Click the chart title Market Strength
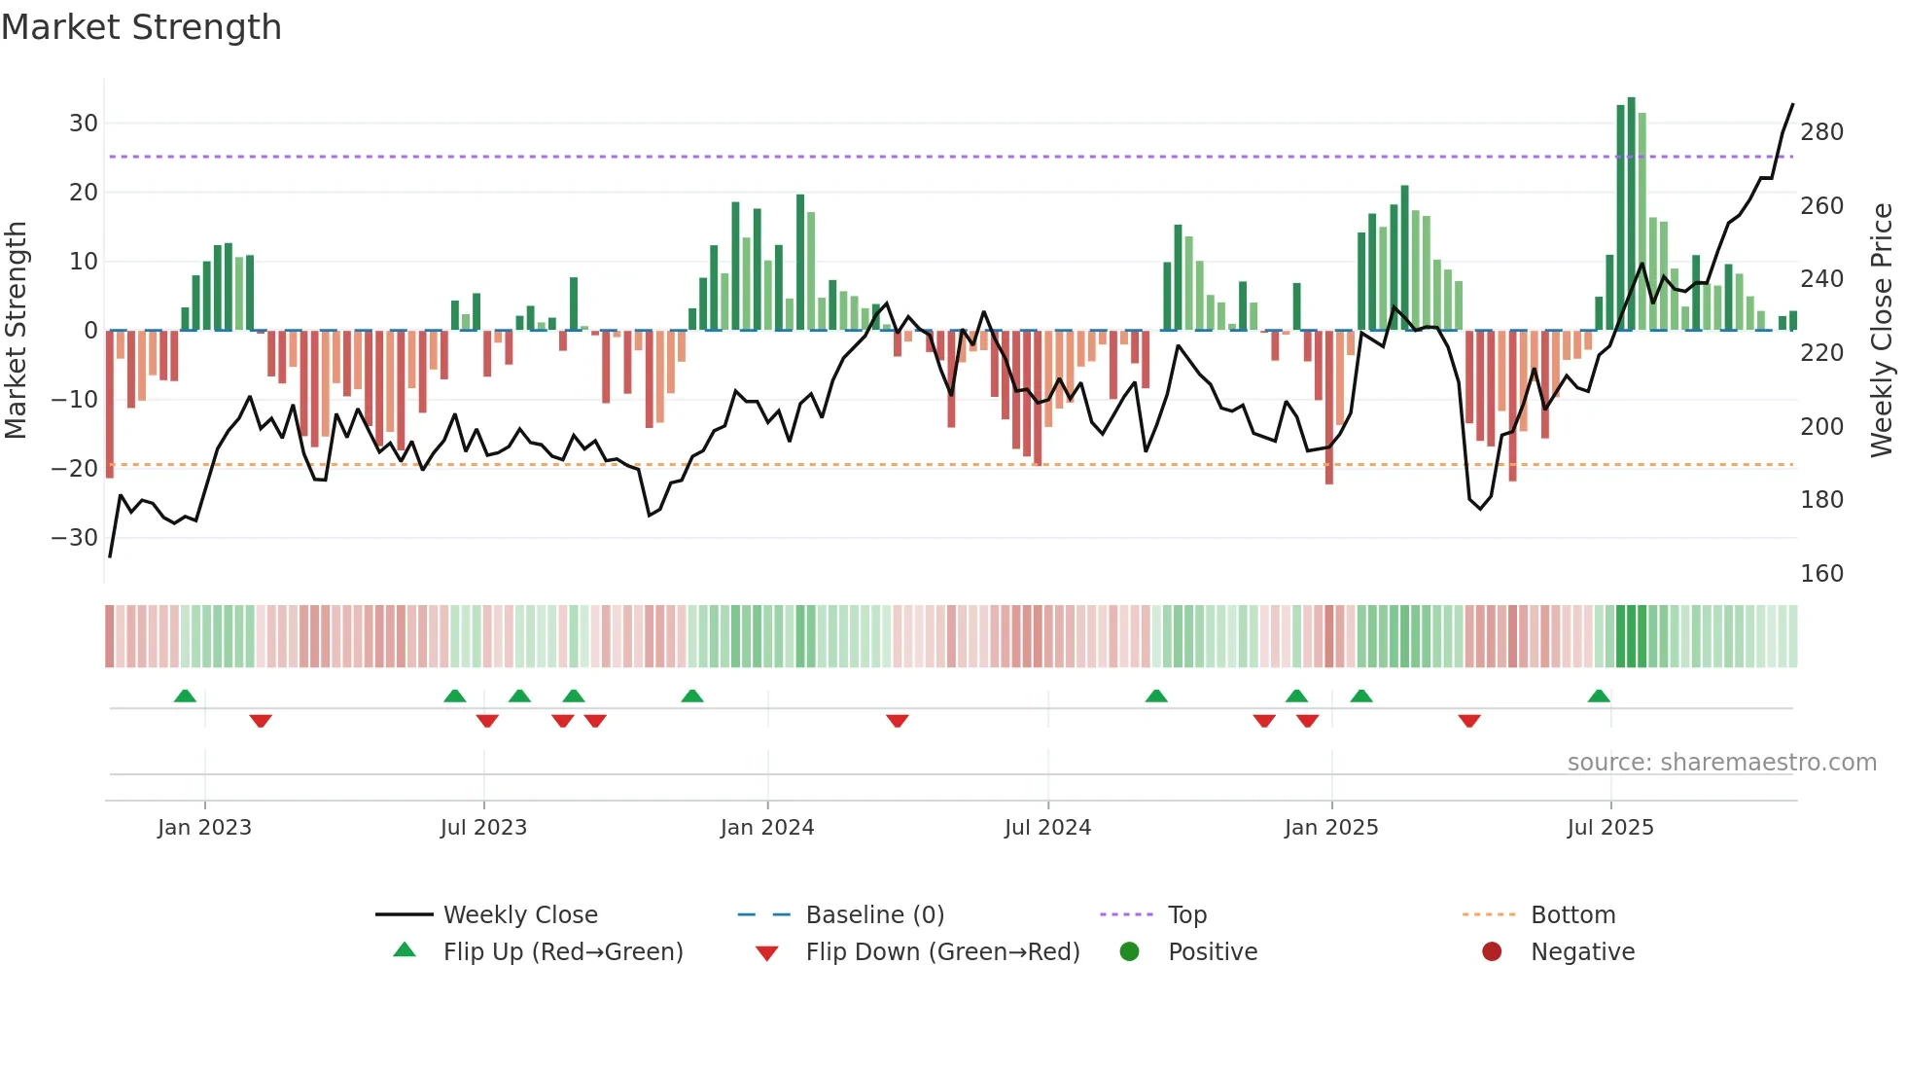click(141, 27)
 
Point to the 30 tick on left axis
click(84, 124)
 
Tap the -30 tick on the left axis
click(75, 538)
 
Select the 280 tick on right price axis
click(1821, 132)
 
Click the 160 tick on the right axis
click(1821, 574)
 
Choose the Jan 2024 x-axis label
click(767, 828)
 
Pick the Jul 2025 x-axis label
click(1609, 828)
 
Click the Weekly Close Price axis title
click(1882, 331)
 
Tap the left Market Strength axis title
click(16, 331)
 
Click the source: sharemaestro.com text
click(1721, 763)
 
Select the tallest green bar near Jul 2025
click(1631, 214)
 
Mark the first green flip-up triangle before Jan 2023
click(185, 696)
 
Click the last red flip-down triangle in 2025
click(1469, 721)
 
